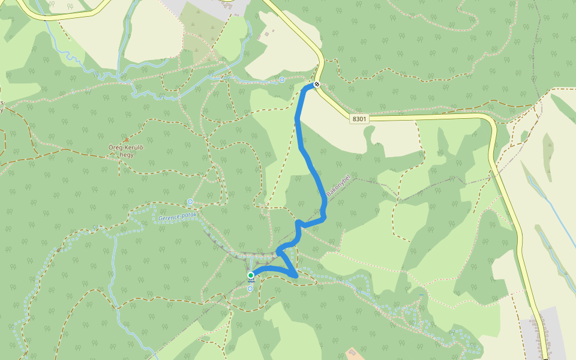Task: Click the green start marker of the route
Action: pos(251,275)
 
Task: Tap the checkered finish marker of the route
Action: pos(316,85)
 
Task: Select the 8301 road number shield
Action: pos(359,119)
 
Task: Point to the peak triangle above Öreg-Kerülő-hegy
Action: pos(126,140)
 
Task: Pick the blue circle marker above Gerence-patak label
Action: pos(190,202)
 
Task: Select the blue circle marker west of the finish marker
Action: pos(281,80)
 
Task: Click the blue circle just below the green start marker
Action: pos(250,289)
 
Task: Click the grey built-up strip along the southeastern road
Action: pos(543,336)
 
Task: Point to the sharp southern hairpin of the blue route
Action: pos(295,275)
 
